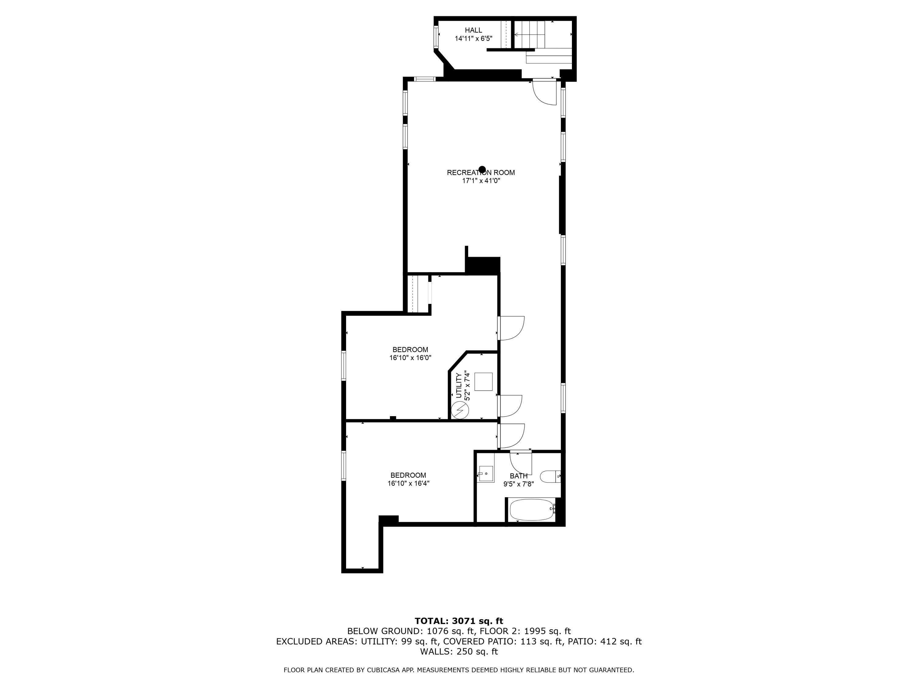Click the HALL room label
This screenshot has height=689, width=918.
(x=473, y=30)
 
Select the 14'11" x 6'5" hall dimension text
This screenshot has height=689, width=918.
(x=473, y=39)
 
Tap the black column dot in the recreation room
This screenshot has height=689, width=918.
(x=482, y=169)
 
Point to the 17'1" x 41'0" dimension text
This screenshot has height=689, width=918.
(x=481, y=181)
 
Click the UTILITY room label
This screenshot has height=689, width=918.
(x=459, y=386)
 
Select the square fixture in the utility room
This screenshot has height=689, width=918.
(x=483, y=382)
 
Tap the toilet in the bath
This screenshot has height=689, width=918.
(x=550, y=476)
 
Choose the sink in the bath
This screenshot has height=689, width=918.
(x=486, y=473)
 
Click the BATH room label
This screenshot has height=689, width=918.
(x=518, y=476)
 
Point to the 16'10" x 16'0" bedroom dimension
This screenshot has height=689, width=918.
(x=410, y=358)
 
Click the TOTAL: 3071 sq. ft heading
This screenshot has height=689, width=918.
(x=459, y=621)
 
